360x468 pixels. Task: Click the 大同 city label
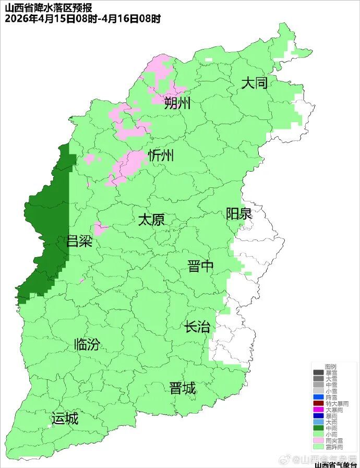point(254,83)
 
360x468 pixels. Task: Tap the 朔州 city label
point(177,103)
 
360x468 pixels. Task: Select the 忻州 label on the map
point(161,155)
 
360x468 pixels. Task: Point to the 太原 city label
point(151,220)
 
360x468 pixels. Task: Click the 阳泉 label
point(239,214)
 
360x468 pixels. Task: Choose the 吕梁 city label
point(79,241)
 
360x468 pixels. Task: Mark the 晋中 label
point(201,267)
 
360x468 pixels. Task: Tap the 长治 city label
point(197,327)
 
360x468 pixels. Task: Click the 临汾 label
point(87,344)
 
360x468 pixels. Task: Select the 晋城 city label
point(183,388)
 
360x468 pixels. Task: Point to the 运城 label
point(65,418)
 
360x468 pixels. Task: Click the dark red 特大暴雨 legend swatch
point(318,403)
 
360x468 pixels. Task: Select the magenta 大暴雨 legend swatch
point(318,410)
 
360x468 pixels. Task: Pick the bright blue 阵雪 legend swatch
point(318,397)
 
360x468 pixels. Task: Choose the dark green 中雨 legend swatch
point(318,428)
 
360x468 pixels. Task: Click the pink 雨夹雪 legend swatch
point(318,441)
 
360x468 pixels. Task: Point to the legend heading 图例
point(330,367)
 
